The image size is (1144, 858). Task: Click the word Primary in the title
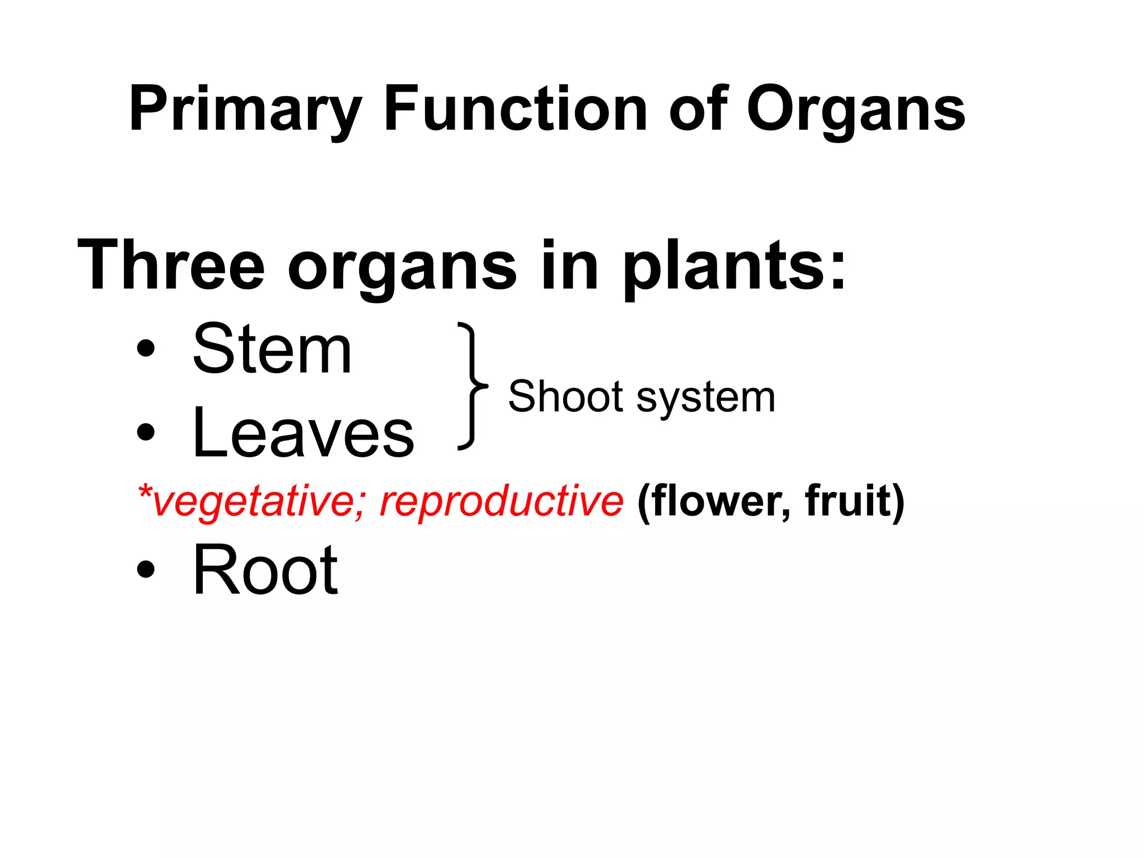tap(245, 109)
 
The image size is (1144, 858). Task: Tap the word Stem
tap(272, 350)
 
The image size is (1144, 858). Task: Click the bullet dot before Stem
tap(145, 349)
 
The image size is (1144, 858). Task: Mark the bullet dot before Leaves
tap(145, 432)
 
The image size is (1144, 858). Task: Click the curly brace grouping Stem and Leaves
tap(471, 385)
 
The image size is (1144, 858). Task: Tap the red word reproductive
tap(501, 501)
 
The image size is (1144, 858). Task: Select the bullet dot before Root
tap(145, 569)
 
